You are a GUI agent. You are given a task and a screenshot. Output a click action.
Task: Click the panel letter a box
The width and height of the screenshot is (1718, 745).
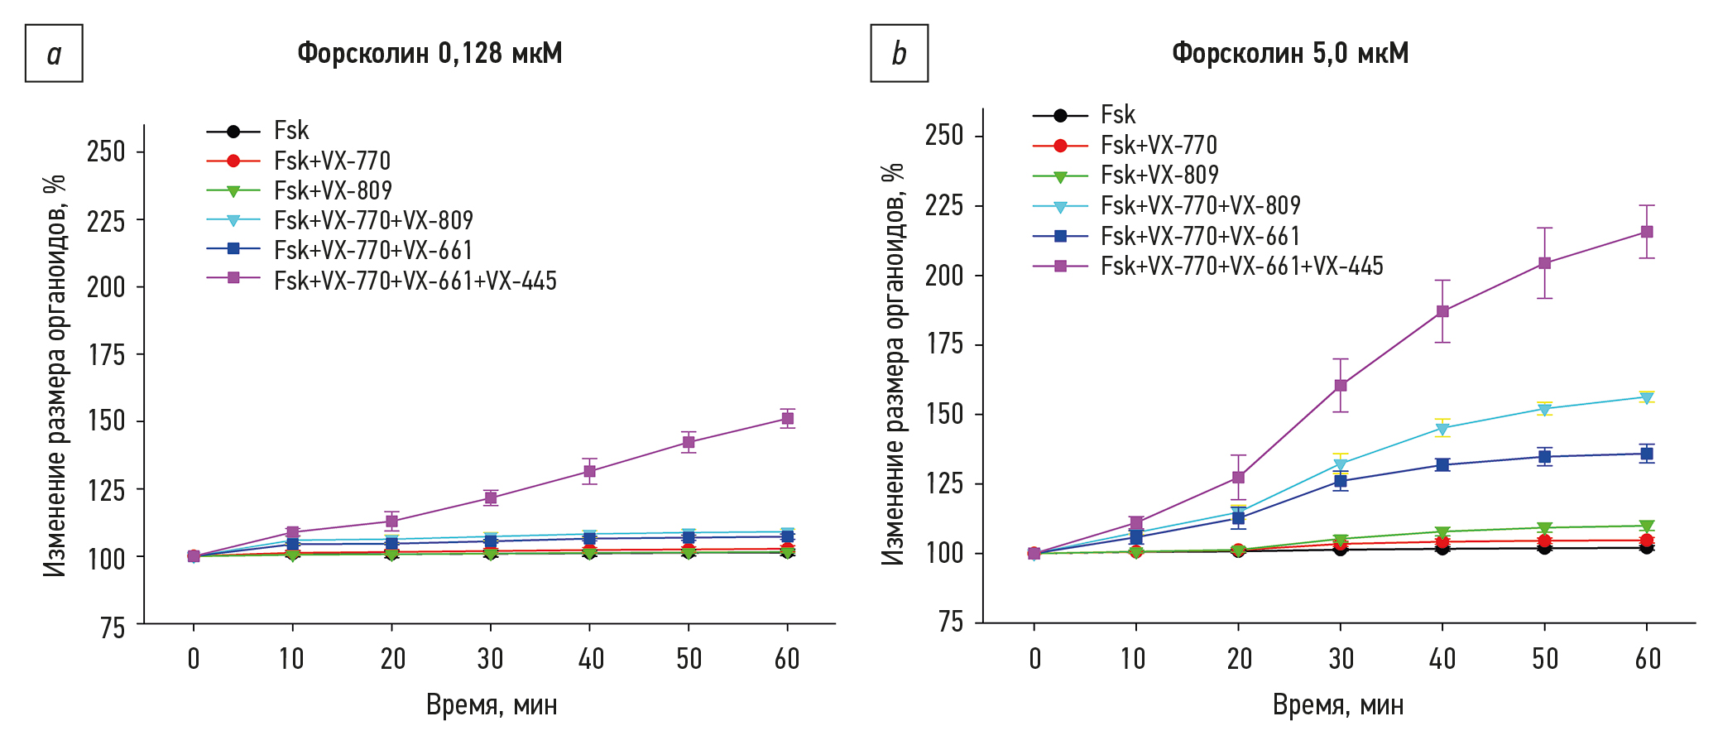(54, 53)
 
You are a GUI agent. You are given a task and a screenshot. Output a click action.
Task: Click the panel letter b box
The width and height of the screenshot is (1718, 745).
(899, 53)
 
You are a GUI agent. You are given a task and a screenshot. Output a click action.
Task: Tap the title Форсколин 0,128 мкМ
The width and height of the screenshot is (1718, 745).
(429, 53)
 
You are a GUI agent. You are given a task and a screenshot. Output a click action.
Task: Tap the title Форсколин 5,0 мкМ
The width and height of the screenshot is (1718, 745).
(1289, 53)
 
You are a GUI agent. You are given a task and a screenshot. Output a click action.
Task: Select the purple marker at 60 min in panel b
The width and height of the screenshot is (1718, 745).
(1647, 232)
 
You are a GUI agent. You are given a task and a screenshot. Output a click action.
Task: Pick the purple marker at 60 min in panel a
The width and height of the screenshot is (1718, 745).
(787, 418)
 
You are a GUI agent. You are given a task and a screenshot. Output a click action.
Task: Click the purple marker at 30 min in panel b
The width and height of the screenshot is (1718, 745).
(1341, 385)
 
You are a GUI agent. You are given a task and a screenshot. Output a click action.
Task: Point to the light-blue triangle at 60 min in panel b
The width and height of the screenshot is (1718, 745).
(1647, 397)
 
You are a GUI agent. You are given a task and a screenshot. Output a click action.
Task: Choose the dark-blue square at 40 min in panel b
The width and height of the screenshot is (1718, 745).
(1442, 464)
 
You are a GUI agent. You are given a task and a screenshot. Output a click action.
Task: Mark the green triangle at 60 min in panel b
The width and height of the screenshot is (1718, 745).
(1647, 526)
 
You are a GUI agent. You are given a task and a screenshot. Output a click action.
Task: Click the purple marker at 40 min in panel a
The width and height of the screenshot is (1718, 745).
(589, 471)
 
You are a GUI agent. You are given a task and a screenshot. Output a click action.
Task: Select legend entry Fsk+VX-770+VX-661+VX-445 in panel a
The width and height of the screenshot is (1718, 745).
(415, 281)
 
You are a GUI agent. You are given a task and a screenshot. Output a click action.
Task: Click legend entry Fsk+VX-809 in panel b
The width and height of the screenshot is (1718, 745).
(1159, 175)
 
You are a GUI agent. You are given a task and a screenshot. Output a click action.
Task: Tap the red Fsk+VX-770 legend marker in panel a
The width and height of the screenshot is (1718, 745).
(233, 161)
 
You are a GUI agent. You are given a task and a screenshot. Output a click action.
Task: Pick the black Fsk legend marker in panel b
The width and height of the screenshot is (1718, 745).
(1060, 115)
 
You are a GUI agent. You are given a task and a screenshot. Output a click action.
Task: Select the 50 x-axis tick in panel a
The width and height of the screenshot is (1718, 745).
(689, 659)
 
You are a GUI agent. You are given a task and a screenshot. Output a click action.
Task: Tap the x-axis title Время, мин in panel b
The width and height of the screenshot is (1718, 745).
(1337, 705)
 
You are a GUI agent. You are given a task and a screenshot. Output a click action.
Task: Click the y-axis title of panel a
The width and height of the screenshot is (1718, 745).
(55, 374)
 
